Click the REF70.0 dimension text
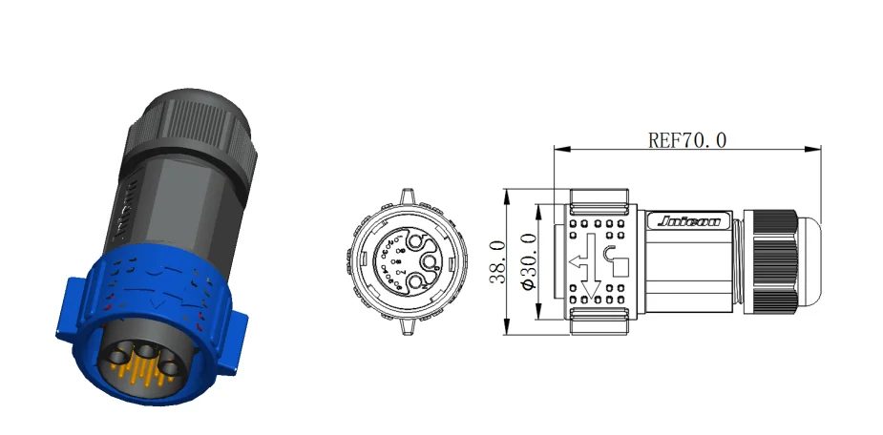(687, 141)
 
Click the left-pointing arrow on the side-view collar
(578, 261)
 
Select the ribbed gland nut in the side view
(774, 261)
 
